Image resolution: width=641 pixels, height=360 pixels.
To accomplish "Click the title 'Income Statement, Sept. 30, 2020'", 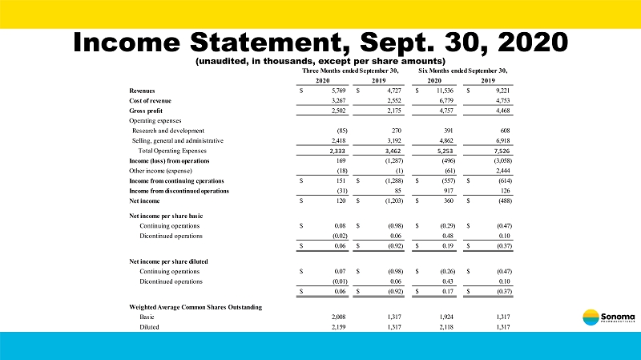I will coord(320,42).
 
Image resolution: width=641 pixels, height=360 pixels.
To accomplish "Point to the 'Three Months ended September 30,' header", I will coord(350,71).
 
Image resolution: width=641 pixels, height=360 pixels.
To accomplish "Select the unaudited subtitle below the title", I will coord(320,62).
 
